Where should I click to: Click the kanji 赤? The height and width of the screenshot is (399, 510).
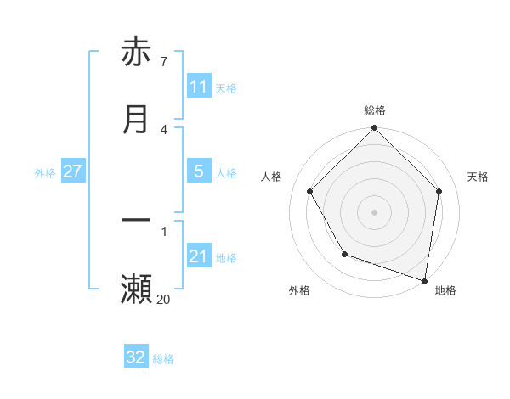136,53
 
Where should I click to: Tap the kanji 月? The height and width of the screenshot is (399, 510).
136,120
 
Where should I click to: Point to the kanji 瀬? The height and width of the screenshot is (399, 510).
136,289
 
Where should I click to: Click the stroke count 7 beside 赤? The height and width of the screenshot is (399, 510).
163,62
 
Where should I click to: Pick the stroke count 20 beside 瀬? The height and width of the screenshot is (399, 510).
163,298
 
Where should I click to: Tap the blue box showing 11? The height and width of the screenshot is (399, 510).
199,87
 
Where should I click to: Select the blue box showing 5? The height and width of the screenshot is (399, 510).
199,171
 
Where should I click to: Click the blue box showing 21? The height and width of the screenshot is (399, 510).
199,256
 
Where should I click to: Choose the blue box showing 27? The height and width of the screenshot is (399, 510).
72,171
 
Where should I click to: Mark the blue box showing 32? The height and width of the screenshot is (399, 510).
136,357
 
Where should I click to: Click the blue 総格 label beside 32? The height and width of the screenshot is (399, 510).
163,359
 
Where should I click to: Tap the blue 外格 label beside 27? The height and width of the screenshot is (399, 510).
45,173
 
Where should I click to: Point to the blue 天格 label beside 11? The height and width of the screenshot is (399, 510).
226,88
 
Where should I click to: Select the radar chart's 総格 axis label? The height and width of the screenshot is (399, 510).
375,110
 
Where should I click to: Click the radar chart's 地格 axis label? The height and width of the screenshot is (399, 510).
445,290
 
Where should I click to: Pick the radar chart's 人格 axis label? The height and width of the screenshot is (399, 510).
272,177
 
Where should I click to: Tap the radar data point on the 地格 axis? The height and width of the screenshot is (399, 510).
424,280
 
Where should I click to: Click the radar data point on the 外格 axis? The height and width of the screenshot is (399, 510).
344,254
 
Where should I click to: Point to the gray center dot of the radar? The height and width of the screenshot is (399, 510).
375,212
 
